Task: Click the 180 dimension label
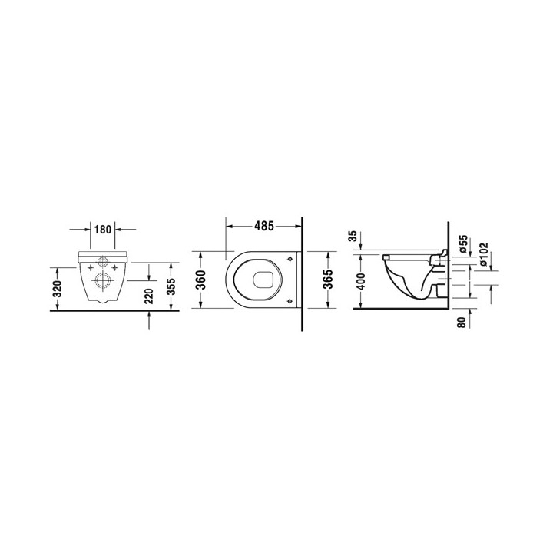[x=104, y=228]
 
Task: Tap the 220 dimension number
[x=149, y=293]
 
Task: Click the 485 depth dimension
[x=264, y=226]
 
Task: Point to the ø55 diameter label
[x=462, y=244]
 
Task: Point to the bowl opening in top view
[x=257, y=280]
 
